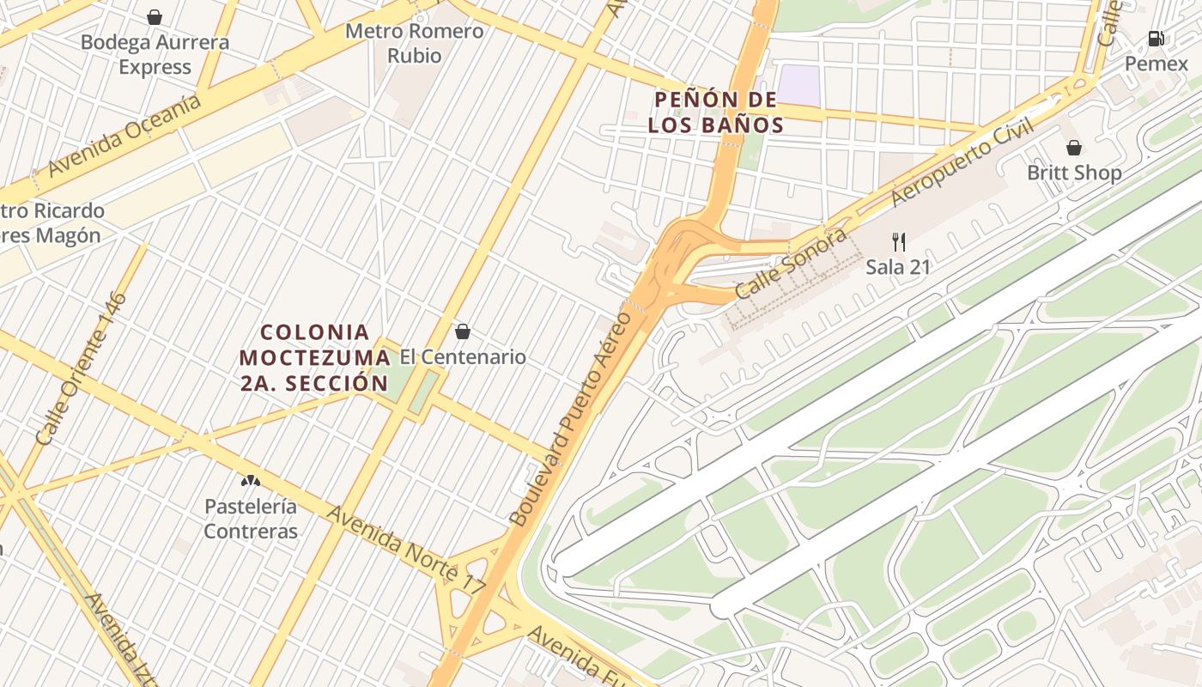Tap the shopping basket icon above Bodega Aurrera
click(155, 17)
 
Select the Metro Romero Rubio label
click(415, 44)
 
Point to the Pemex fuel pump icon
click(1156, 39)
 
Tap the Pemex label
click(1156, 64)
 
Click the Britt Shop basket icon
click(1073, 148)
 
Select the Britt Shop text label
click(1074, 173)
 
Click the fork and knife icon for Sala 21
click(898, 241)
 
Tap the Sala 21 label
click(897, 267)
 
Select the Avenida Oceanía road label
click(124, 136)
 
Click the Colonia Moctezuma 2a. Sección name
click(314, 357)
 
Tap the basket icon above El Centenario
click(463, 331)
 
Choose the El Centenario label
click(463, 357)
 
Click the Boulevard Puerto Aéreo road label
click(570, 418)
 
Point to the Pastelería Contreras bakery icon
click(251, 481)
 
